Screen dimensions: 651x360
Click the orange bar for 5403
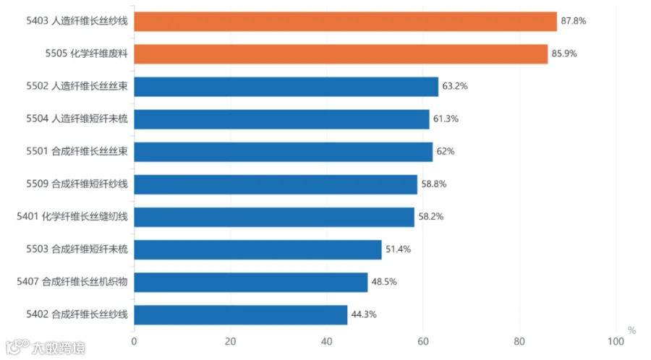point(346,22)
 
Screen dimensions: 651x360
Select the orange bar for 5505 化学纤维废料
point(341,54)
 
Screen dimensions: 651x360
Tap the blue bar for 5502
point(286,87)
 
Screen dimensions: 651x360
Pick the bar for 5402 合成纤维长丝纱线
point(241,315)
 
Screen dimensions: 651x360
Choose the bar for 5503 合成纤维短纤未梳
point(258,249)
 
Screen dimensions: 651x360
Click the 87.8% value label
point(574,21)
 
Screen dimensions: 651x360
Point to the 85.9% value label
point(564,53)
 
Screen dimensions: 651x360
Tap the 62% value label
point(446,151)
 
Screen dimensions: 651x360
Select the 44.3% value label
point(364,314)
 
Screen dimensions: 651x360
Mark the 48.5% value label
point(384,282)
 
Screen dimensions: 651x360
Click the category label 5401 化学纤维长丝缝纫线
point(72,216)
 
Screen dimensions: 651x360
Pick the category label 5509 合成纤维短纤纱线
point(77,184)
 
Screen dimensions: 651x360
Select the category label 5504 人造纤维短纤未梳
point(77,119)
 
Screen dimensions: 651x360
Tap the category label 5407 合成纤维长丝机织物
point(72,282)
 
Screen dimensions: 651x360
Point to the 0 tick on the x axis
point(134,341)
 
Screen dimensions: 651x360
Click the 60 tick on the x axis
point(423,341)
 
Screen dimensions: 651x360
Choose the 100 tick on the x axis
point(616,341)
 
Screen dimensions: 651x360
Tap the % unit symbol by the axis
point(631,330)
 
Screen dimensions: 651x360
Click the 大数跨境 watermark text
point(59,348)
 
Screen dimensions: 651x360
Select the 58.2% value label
point(431,216)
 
